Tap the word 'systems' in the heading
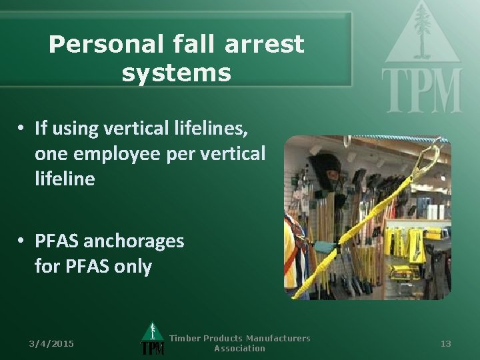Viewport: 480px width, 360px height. click(176, 73)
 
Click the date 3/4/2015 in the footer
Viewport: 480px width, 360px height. click(51, 343)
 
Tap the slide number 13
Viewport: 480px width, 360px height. click(446, 343)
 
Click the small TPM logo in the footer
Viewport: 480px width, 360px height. click(153, 339)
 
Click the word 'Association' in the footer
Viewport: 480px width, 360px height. click(239, 348)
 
